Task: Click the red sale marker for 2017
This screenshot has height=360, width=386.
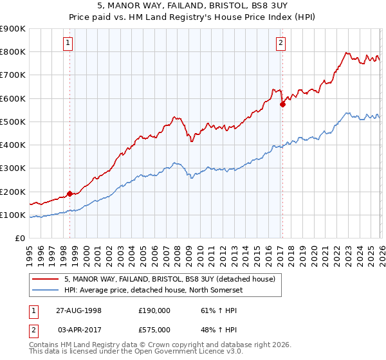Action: pos(282,104)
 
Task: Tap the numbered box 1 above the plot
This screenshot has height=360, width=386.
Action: pos(68,44)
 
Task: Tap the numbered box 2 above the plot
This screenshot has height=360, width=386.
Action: pos(281,44)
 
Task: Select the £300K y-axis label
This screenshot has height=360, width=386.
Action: pos(13,168)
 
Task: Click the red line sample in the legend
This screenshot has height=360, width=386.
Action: pos(46,279)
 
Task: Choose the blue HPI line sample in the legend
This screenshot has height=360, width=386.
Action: pos(46,289)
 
